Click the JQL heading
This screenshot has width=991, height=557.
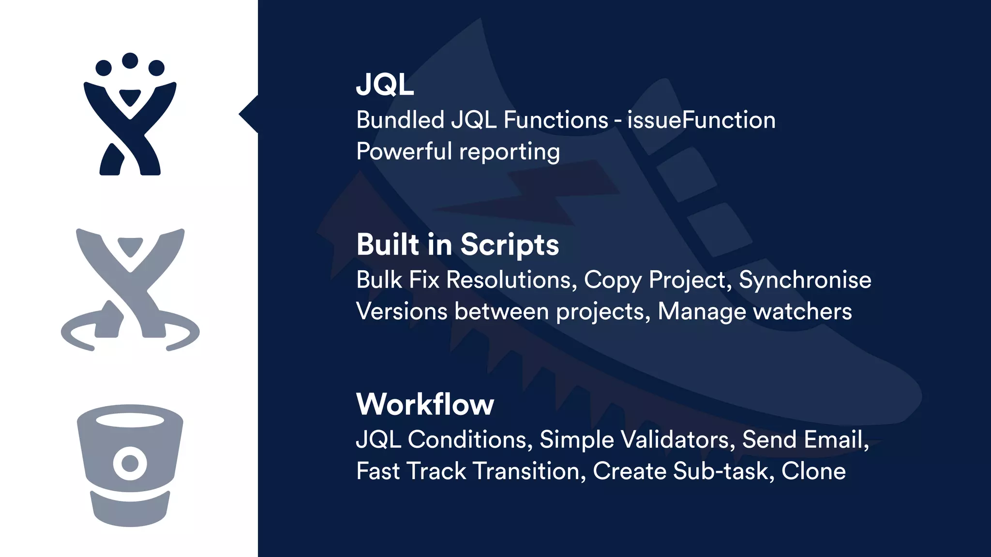click(385, 85)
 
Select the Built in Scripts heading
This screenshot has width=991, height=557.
click(458, 245)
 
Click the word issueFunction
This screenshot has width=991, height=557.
click(701, 120)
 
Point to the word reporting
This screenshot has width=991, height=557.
click(510, 152)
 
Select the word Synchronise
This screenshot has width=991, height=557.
click(805, 280)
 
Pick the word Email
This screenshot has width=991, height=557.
click(836, 440)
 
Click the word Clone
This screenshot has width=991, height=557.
click(813, 471)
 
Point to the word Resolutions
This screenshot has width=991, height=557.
click(511, 280)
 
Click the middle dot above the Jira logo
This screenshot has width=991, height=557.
click(130, 60)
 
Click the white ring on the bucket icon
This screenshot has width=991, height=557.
click(130, 463)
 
